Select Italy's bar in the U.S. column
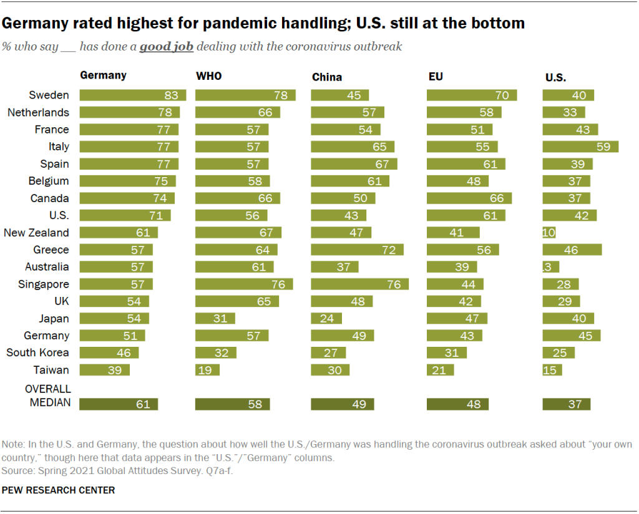(580, 147)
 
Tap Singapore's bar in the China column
(359, 284)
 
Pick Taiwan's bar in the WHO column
(208, 370)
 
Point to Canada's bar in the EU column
(469, 198)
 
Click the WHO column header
(209, 76)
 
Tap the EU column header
(435, 76)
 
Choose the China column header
(327, 77)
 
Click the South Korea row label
(37, 352)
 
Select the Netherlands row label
(38, 112)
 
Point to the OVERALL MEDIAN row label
(47, 395)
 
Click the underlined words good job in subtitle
(166, 47)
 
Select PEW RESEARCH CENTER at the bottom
(59, 490)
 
